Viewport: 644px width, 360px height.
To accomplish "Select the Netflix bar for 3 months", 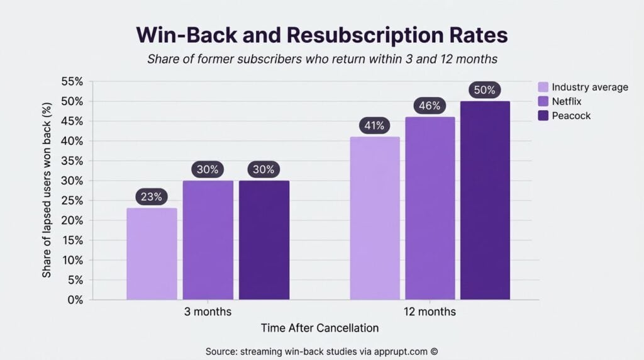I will coord(208,240).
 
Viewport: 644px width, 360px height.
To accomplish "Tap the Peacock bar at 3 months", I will coord(264,240).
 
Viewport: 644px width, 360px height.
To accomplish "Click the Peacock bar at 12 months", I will coord(485,200).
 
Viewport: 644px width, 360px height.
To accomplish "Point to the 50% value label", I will coord(485,90).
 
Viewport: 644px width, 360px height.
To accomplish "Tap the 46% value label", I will coord(430,106).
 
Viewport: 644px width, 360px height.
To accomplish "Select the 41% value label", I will coord(374,126).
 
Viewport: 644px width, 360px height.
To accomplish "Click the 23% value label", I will coord(152,197).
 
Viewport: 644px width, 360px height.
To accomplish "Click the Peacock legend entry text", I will coord(571,116).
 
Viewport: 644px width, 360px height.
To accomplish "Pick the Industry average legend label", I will coord(590,87).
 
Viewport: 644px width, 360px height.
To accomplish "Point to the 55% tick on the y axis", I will coord(72,82).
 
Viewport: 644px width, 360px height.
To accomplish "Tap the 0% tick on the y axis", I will coord(75,300).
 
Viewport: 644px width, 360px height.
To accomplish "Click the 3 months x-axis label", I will coord(208,312).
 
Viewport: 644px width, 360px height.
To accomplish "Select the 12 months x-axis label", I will coord(430,312).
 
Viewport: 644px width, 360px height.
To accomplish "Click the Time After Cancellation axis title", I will coord(319,328).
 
